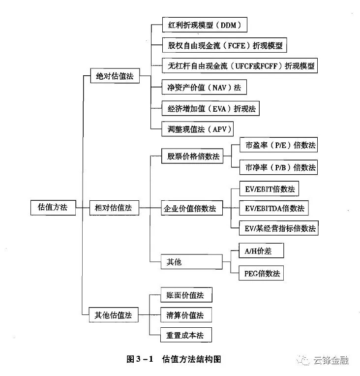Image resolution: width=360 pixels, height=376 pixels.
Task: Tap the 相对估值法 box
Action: [114, 208]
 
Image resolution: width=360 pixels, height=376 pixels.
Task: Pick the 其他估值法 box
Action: [114, 314]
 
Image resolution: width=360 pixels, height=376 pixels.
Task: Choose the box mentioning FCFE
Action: [224, 45]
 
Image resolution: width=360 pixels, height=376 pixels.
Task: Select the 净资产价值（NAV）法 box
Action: [204, 88]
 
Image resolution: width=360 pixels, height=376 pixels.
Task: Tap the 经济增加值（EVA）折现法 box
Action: [210, 108]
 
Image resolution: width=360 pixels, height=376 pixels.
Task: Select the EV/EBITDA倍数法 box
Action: [274, 208]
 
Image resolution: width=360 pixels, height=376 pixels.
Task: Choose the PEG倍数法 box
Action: [261, 273]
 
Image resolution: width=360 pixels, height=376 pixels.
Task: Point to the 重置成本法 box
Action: [184, 335]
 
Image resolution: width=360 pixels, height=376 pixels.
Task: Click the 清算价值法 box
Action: [184, 314]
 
